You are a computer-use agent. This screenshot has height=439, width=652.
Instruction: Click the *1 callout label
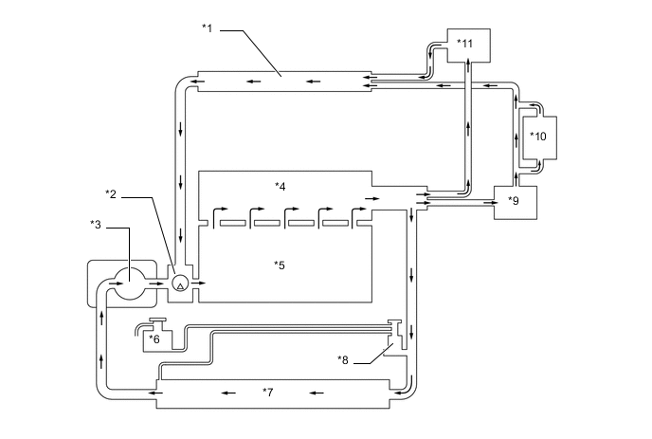coord(208,28)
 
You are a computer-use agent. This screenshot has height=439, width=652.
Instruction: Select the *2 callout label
coord(111,194)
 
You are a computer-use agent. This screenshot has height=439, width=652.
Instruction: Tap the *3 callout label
coord(96,225)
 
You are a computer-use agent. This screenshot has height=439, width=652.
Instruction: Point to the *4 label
coord(281,187)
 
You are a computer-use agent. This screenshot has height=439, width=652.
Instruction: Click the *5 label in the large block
coord(280,265)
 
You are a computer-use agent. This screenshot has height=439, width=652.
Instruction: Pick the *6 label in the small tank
coord(154,339)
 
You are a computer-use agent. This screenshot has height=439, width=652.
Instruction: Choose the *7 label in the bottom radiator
coord(268,392)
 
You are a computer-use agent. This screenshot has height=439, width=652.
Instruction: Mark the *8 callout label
coord(343,360)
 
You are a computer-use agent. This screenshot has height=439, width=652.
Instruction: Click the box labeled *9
coord(516,202)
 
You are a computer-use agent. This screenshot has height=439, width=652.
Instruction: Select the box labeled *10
coord(539,137)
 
